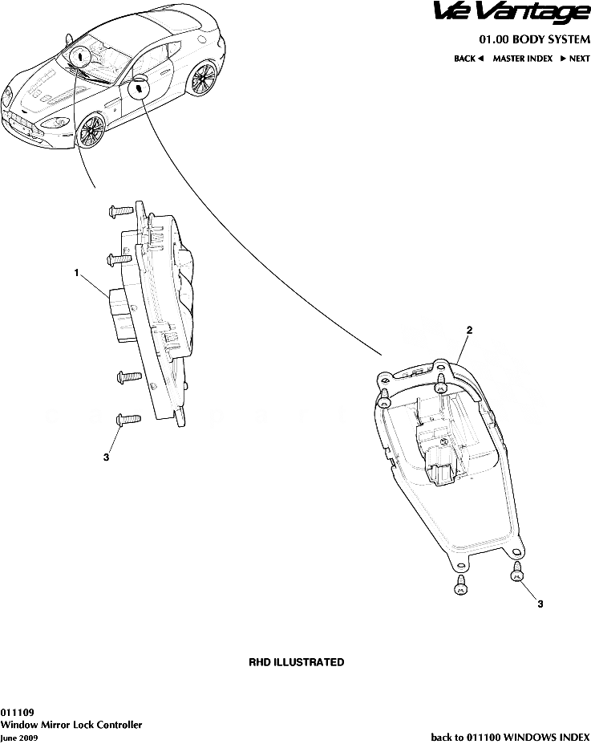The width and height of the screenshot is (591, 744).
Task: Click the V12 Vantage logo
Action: pyautogui.click(x=512, y=12)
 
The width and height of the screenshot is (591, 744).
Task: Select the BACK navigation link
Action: pyautogui.click(x=468, y=59)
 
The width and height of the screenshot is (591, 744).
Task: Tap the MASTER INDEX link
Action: pyautogui.click(x=522, y=59)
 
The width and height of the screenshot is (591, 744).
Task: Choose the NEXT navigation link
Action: pyautogui.click(x=575, y=59)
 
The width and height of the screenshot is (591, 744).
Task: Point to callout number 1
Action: pyautogui.click(x=76, y=273)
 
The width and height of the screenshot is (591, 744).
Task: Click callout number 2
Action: pyautogui.click(x=469, y=330)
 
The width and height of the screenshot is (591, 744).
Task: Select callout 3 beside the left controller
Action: pyautogui.click(x=106, y=457)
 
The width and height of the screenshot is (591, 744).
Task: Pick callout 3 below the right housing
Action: pyautogui.click(x=540, y=604)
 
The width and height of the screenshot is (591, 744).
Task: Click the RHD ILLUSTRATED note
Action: pyautogui.click(x=297, y=662)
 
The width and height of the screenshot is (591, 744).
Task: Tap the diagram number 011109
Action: pyautogui.click(x=17, y=713)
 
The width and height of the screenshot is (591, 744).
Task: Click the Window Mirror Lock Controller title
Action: pyautogui.click(x=71, y=725)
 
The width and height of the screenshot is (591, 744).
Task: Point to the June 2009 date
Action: pyautogui.click(x=19, y=738)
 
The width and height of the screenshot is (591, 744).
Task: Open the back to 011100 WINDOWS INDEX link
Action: pyautogui.click(x=511, y=737)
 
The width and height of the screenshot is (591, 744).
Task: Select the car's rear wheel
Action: pyautogui.click(x=204, y=79)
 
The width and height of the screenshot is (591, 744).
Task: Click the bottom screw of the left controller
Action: pyautogui.click(x=128, y=420)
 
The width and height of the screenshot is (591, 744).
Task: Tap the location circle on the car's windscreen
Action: pyautogui.click(x=79, y=55)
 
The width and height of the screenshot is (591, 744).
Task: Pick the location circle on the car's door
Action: pyautogui.click(x=138, y=87)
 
